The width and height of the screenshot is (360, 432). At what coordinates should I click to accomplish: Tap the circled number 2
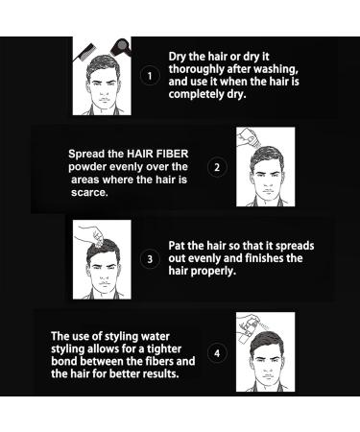click(x=217, y=167)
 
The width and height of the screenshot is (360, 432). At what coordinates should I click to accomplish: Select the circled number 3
click(x=149, y=258)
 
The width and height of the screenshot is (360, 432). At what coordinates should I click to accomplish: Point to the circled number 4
click(x=218, y=352)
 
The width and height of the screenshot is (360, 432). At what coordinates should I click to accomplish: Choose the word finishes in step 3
click(x=260, y=258)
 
